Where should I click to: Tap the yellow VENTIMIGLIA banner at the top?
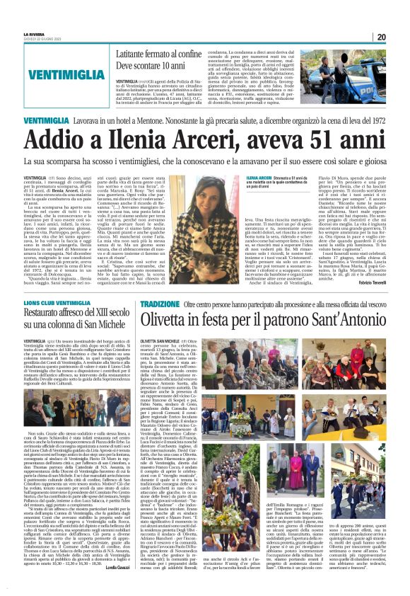pos(68,73)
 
